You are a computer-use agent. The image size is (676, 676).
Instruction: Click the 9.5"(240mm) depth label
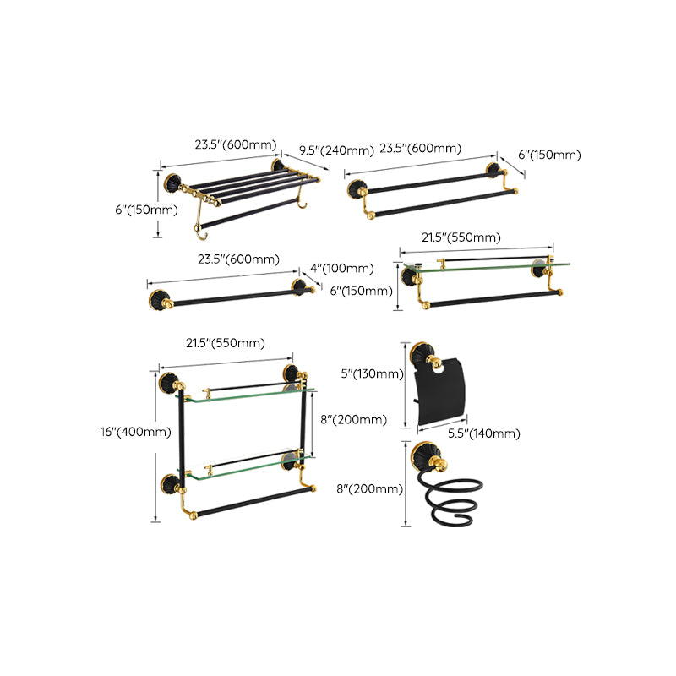coord(336,150)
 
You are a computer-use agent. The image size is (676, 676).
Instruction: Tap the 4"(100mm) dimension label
coord(342,269)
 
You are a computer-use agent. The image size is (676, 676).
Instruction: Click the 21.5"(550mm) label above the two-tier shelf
coord(226,342)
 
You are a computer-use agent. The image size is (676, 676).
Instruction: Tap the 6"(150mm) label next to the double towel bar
coord(549,155)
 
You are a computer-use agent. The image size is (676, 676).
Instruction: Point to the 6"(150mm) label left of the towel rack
coord(146,210)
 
